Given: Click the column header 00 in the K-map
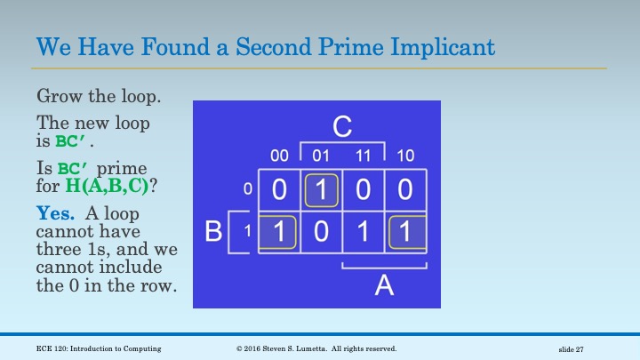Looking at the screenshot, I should point(279,156).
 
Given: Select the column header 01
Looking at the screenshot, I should point(322,156).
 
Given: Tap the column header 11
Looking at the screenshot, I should point(364,156).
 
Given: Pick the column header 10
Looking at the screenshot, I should point(405,156).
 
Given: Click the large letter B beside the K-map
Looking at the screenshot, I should point(213,233).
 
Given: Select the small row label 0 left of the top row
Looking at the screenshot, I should point(248,188).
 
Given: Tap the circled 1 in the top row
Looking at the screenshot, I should point(322,190).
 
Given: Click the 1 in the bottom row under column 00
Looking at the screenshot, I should point(279,233).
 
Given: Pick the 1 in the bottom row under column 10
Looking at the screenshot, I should point(406,233).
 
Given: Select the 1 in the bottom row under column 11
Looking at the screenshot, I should point(364,233).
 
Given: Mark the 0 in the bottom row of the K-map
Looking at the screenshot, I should point(322,233).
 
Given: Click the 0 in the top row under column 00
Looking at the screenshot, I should point(279,190).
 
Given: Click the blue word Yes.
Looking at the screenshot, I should point(54,213).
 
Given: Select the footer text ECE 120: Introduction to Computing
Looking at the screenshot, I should point(99,348).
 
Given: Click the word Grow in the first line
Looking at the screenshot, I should point(55,95).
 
